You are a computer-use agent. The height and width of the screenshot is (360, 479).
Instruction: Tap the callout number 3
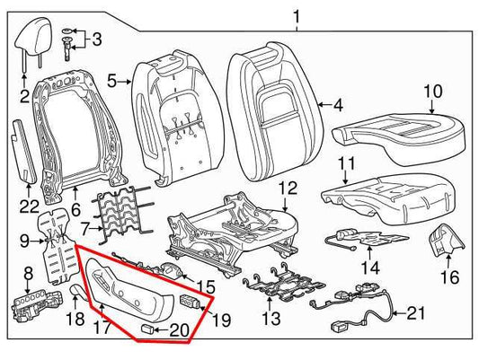click(98, 39)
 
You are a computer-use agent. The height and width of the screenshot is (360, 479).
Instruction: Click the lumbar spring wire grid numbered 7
click(120, 216)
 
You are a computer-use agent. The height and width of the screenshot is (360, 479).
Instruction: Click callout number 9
click(26, 240)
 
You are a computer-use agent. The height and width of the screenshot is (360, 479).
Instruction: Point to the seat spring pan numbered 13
click(288, 284)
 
